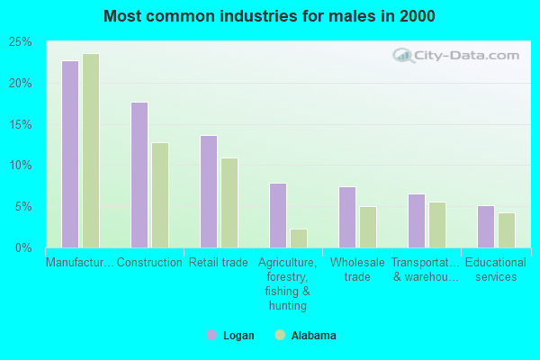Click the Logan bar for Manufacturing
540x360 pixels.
[70, 154]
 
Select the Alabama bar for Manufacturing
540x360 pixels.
[91, 150]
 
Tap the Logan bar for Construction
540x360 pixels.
[139, 175]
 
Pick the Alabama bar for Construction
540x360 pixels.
[160, 194]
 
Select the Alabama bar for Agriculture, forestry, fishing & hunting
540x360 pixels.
[299, 238]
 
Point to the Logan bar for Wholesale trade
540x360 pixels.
[347, 217]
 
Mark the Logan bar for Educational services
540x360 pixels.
[486, 226]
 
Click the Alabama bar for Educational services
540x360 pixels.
[507, 229]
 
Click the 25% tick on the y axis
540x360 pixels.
[21, 42]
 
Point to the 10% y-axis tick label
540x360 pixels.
[21, 166]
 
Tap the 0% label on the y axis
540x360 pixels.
[23, 247]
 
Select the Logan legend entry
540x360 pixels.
[230, 336]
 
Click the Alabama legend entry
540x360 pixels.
[305, 336]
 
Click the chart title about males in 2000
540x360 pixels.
[269, 16]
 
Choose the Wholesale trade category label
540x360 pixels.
[357, 269]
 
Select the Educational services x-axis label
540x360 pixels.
[496, 269]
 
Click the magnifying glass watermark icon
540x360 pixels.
[404, 56]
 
